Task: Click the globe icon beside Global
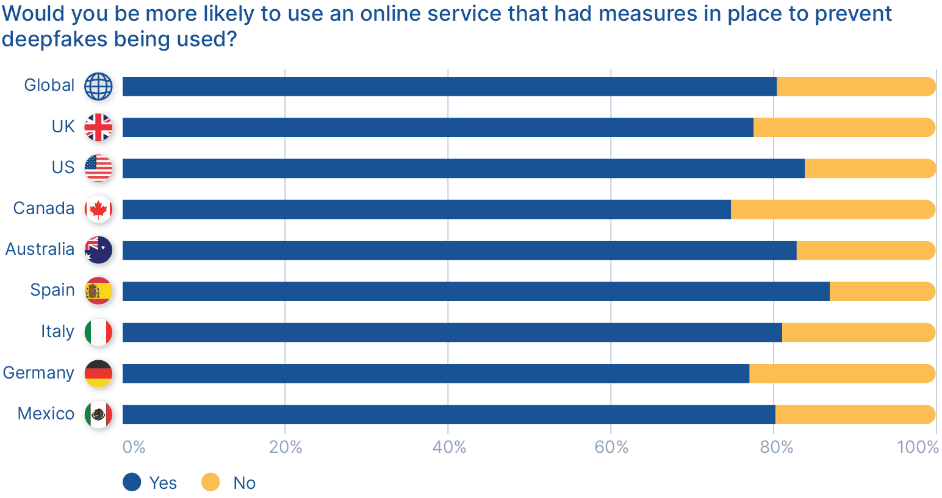(x=99, y=87)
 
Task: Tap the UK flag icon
(x=99, y=128)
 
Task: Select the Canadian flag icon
(x=99, y=210)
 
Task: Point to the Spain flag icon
(x=99, y=291)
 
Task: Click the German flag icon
(x=99, y=374)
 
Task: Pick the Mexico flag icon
(x=99, y=414)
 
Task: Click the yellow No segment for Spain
(x=882, y=291)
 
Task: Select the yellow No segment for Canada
(x=832, y=210)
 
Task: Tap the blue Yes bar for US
(x=463, y=169)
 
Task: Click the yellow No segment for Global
(x=855, y=87)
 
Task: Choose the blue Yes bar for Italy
(x=452, y=333)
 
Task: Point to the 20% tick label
(x=286, y=447)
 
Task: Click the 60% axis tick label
(x=611, y=447)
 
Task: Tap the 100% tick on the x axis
(x=918, y=447)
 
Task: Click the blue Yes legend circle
(x=132, y=482)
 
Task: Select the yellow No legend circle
(x=210, y=482)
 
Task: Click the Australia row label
(x=40, y=249)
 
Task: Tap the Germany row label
(x=38, y=372)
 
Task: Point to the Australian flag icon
(x=99, y=251)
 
